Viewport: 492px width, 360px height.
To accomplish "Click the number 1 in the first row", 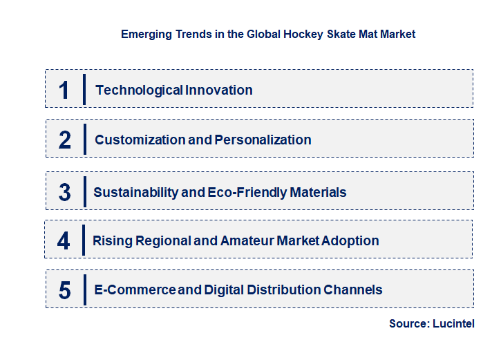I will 64,90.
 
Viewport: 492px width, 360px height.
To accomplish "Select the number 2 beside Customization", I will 65,140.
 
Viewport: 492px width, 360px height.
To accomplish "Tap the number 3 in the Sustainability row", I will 64,192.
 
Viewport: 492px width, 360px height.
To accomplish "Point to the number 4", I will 64,241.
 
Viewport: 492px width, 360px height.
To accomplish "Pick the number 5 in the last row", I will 64,290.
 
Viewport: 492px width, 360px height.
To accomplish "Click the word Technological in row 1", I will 139,90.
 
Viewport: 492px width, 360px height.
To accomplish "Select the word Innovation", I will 219,90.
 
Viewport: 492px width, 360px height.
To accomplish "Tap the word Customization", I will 140,140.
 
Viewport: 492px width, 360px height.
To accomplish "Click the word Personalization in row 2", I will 263,140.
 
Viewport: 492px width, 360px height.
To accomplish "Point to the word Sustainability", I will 135,192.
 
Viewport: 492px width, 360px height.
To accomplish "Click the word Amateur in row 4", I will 247,241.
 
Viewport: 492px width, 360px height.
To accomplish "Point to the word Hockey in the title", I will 302,33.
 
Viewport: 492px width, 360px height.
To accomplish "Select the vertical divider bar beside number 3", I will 84,191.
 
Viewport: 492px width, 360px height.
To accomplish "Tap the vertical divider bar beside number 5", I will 84,290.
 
